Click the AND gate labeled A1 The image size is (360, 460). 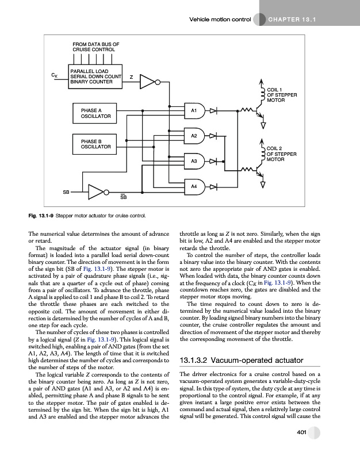(x=194, y=109)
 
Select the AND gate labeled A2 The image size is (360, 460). (x=194, y=136)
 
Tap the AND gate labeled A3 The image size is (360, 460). (x=194, y=162)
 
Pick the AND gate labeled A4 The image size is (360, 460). (x=194, y=186)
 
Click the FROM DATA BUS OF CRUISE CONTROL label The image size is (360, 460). (x=95, y=46)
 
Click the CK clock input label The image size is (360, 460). (x=53, y=75)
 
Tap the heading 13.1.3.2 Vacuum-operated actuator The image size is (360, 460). (x=238, y=361)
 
